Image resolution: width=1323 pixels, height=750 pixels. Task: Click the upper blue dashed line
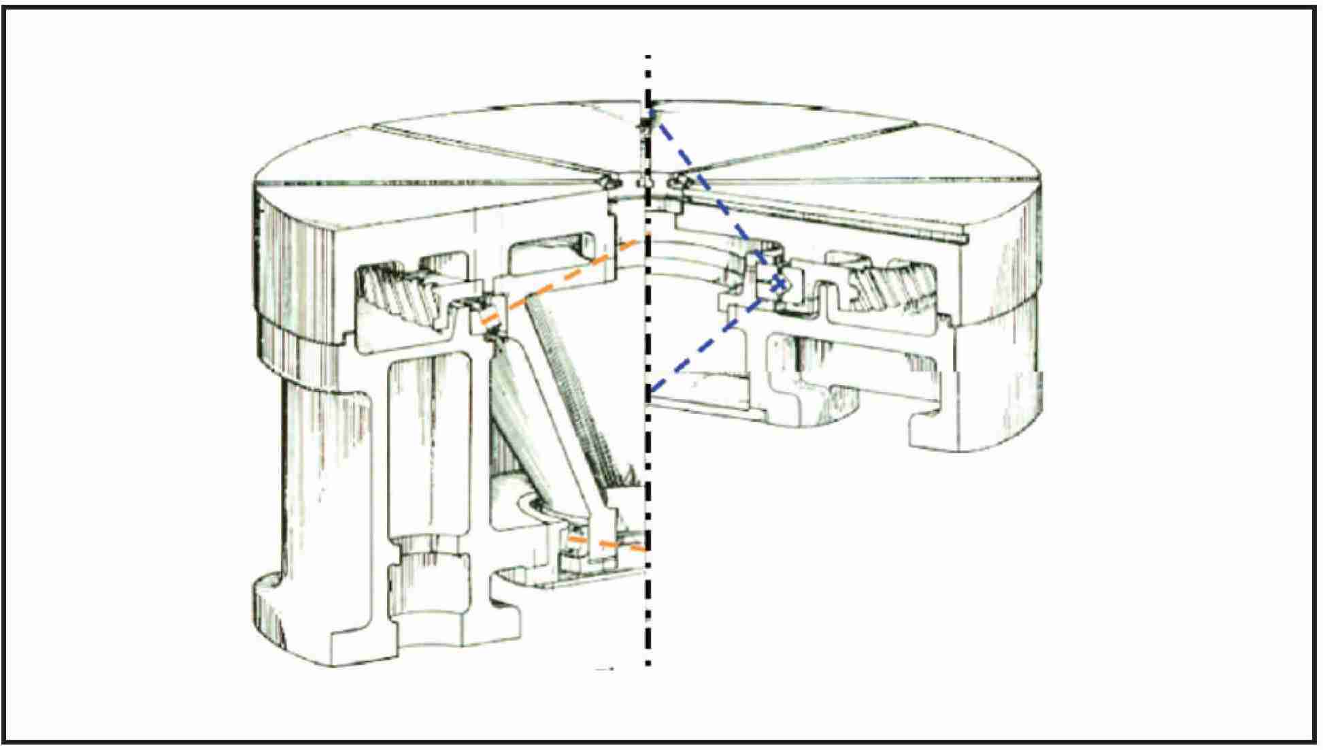[x=714, y=197]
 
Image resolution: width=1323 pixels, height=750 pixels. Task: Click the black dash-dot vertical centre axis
[x=648, y=442]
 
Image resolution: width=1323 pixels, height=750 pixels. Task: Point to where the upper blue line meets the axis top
[x=650, y=109]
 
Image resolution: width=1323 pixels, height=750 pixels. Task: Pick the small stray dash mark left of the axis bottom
[x=604, y=669]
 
